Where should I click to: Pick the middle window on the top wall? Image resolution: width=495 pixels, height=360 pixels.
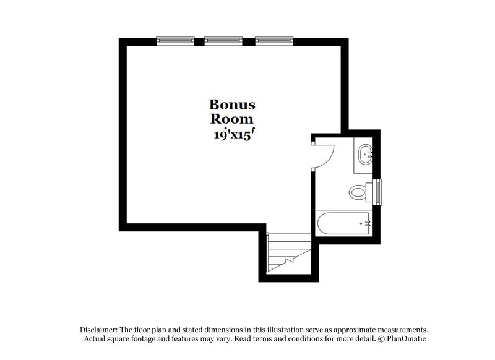click(223, 41)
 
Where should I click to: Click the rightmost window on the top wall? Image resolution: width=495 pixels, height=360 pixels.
click(273, 41)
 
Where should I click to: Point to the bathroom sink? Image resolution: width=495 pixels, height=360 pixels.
click(364, 154)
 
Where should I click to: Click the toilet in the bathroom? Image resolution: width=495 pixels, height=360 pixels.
click(359, 192)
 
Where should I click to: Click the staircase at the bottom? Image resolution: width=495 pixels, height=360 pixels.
click(287, 254)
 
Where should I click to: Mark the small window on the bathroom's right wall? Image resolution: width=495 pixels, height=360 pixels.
click(377, 192)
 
